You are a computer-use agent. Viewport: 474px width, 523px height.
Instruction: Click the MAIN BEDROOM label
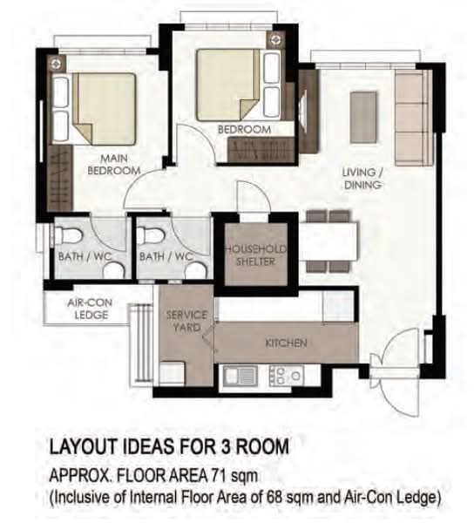click(x=114, y=164)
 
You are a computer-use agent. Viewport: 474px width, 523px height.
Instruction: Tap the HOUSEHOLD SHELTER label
click(x=255, y=255)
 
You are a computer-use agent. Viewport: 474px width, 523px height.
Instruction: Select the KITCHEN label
click(x=286, y=343)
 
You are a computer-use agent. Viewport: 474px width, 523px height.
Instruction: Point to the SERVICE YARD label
click(x=186, y=321)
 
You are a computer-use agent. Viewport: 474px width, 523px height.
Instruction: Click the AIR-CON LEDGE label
click(x=90, y=309)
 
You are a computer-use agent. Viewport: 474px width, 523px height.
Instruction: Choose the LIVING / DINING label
click(x=362, y=179)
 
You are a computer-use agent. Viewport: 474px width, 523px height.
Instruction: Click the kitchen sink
click(x=240, y=376)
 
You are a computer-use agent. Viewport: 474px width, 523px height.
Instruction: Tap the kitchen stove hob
click(x=287, y=376)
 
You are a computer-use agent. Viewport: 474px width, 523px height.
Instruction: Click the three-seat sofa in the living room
click(x=413, y=118)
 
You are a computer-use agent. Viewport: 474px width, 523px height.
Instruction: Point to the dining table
click(x=329, y=241)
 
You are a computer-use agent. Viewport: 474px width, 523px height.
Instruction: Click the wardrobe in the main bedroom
click(x=60, y=178)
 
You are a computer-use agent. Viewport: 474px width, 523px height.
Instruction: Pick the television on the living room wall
click(x=302, y=112)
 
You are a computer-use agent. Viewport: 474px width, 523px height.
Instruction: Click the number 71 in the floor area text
click(x=220, y=475)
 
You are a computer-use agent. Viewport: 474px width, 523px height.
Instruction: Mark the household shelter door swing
click(x=254, y=196)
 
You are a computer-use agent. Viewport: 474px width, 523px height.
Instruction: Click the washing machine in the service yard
click(x=172, y=374)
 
